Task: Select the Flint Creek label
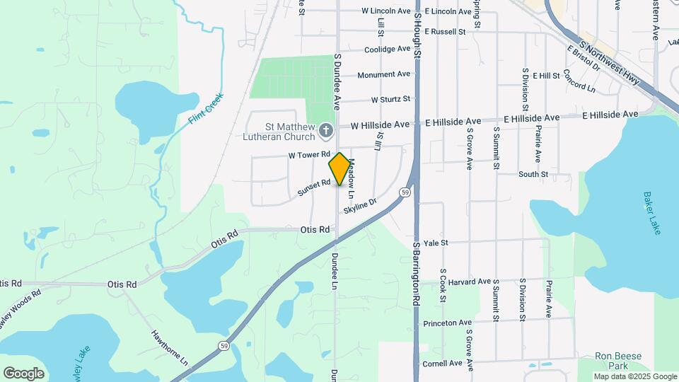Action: pyautogui.click(x=207, y=109)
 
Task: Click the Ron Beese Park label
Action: pyautogui.click(x=612, y=361)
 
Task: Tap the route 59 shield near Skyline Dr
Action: pyautogui.click(x=404, y=192)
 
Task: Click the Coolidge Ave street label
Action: pyautogui.click(x=387, y=50)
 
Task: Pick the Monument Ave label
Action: pyautogui.click(x=383, y=74)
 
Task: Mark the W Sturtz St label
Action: pyautogui.click(x=390, y=100)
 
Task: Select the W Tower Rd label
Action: pyautogui.click(x=309, y=154)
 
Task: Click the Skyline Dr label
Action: pyautogui.click(x=360, y=206)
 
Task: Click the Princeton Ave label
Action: pyautogui.click(x=447, y=323)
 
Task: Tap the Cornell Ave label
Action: pyautogui.click(x=442, y=364)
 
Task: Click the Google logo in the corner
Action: pyautogui.click(x=23, y=374)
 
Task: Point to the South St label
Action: pyautogui.click(x=533, y=174)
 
